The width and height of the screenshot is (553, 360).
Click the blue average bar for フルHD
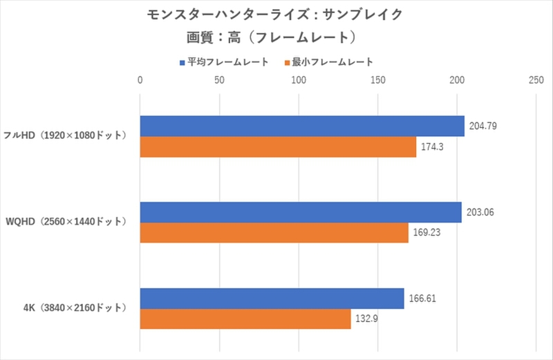[x=302, y=126]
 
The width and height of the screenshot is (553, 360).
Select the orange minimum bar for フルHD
[x=278, y=147]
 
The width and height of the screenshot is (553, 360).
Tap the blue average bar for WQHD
[x=301, y=212]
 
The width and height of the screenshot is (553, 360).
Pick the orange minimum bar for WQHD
[x=274, y=233]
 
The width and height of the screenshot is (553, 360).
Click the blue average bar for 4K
[x=272, y=299]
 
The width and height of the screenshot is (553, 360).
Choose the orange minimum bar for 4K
[x=245, y=319]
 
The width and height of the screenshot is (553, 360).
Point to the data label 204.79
[x=483, y=126]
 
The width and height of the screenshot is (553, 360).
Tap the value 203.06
[x=480, y=212]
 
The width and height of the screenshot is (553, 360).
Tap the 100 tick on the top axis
[x=299, y=81]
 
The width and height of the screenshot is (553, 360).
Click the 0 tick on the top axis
[x=140, y=81]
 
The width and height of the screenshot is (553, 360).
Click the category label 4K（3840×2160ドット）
[x=72, y=308]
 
